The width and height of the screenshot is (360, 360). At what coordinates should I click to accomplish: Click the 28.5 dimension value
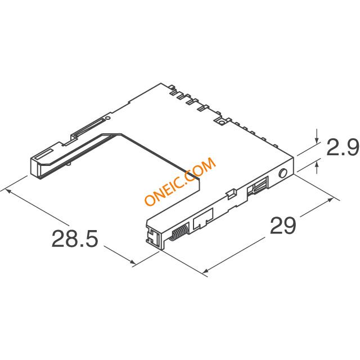pos(75,238)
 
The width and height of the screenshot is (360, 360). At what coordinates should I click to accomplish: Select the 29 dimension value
pos(283,226)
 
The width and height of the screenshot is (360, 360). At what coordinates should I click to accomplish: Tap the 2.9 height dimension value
pos(343,147)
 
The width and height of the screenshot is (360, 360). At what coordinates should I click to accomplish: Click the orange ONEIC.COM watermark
pos(180,182)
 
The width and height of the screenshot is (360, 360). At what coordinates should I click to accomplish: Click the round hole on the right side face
pos(283,173)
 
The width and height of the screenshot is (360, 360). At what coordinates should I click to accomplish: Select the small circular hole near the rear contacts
pos(221,123)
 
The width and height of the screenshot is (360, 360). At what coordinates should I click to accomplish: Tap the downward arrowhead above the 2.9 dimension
pos(317,140)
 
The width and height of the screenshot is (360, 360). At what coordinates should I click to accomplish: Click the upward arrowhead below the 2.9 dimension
pos(317,165)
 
